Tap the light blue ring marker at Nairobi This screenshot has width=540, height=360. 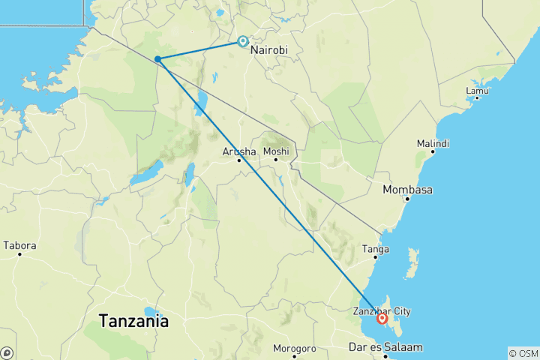[x=243, y=42]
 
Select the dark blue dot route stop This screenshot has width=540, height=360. [x=158, y=58]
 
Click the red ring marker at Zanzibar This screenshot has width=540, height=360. [x=382, y=318]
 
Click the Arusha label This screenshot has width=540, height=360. [x=239, y=151]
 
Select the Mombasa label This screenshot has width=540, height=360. [x=407, y=190]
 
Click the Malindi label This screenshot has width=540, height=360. [x=434, y=143]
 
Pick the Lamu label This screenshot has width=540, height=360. [x=477, y=91]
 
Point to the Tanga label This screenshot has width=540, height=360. [x=374, y=249]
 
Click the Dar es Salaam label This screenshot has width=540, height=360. [x=385, y=347]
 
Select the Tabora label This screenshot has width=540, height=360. [x=19, y=245]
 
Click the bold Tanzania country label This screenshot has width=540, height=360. [x=134, y=321]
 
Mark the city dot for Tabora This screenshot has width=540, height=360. [x=19, y=253]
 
